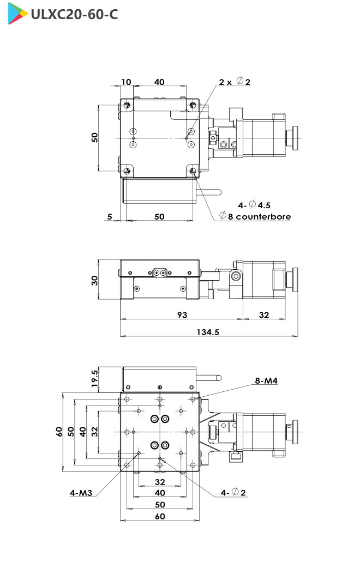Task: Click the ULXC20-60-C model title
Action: (74, 14)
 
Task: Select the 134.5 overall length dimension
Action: (209, 332)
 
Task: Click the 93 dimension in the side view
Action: (182, 315)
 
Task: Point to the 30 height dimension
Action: (95, 280)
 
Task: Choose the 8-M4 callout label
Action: (267, 381)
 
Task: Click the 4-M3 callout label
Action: (81, 493)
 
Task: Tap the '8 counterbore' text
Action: (255, 216)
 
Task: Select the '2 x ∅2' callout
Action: (235, 82)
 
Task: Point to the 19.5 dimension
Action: (95, 379)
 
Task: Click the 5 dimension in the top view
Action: (110, 216)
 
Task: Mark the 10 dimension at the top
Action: (126, 82)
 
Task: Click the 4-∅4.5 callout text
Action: (254, 205)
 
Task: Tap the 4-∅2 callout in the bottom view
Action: (233, 493)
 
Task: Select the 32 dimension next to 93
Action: (264, 315)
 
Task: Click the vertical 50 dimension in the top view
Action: (95, 137)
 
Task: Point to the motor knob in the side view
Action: (295, 277)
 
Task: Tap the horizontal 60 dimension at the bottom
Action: (160, 516)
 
